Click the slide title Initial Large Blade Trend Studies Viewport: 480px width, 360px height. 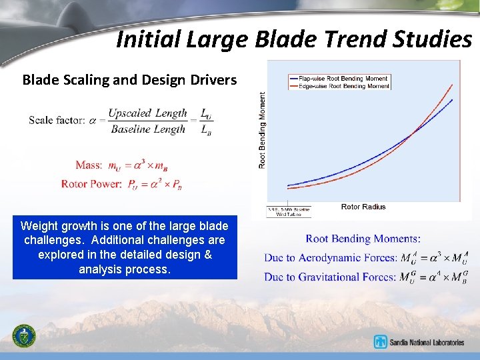293,39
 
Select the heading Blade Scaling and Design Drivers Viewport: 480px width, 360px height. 129,80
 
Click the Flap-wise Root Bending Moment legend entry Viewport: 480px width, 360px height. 339,78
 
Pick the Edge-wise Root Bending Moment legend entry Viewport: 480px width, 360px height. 339,86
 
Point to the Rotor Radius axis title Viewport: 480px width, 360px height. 363,207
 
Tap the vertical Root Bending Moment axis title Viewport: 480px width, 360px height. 262,130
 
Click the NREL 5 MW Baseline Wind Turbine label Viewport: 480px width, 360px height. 285,211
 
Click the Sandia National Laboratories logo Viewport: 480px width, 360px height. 419,342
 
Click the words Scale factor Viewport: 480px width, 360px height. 56,121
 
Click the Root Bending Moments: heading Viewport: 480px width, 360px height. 363,239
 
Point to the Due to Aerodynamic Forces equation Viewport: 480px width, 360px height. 366,257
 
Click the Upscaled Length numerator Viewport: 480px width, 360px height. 147,113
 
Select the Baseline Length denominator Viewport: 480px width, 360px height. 148,129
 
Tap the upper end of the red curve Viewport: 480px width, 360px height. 453,85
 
